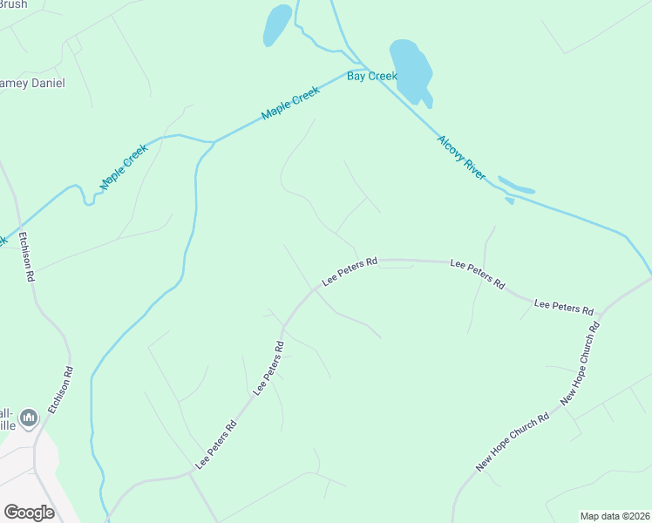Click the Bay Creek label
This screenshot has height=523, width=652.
coord(372,77)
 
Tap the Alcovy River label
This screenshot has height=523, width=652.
coord(462,158)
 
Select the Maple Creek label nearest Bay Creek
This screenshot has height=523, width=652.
coord(292,108)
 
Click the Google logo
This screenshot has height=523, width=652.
coord(29,513)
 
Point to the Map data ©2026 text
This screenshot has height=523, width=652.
coord(615,515)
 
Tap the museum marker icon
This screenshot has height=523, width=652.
coord(29,419)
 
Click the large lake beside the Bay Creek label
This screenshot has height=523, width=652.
coord(411,70)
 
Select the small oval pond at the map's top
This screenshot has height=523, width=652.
coord(277,25)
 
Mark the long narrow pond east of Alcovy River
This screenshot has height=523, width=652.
coord(515,187)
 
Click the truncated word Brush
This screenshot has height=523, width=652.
coord(13,4)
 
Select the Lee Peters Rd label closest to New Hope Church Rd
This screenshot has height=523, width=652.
coord(563,307)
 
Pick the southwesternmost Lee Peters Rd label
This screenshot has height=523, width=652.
coord(215,446)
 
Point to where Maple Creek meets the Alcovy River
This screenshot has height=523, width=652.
coord(367,69)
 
